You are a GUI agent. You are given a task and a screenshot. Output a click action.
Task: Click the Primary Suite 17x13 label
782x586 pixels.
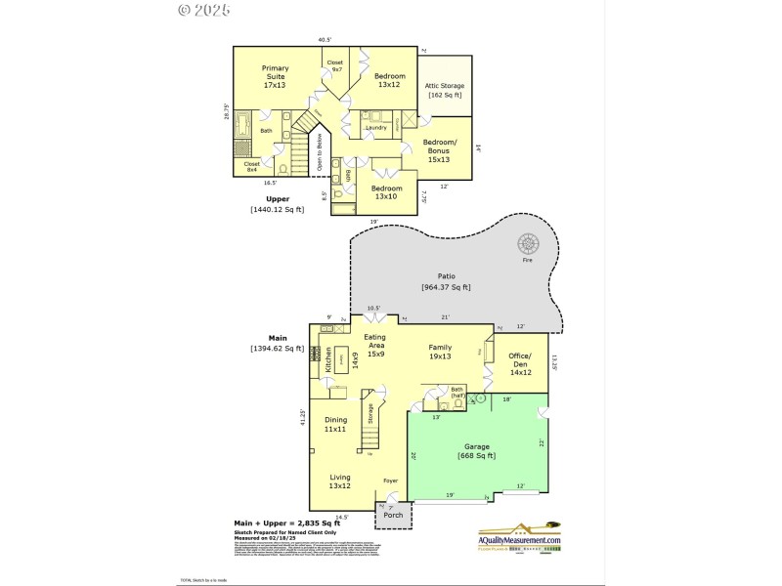(275, 76)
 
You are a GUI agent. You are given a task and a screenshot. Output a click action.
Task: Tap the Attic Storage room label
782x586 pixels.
(444, 90)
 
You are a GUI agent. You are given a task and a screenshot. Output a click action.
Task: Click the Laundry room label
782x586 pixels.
(376, 128)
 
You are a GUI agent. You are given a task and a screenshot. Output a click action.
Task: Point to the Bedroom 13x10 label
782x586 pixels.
(387, 192)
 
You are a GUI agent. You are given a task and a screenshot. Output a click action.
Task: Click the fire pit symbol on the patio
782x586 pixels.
(529, 245)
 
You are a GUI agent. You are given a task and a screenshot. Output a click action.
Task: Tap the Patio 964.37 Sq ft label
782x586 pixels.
(446, 281)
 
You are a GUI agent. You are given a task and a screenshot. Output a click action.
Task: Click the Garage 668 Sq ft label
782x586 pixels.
(478, 450)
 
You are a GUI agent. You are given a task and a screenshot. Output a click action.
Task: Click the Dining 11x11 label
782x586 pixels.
(336, 424)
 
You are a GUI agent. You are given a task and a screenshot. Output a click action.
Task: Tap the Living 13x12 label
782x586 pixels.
(339, 481)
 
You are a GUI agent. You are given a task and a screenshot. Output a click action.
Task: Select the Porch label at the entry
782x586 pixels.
(393, 515)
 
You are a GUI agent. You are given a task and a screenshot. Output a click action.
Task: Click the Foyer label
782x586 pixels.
(390, 481)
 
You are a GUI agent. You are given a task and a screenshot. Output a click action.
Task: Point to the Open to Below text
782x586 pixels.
(319, 152)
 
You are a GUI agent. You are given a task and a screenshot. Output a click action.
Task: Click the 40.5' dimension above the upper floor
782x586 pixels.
(325, 40)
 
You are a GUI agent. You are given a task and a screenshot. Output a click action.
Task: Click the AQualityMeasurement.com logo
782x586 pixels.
(519, 540)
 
